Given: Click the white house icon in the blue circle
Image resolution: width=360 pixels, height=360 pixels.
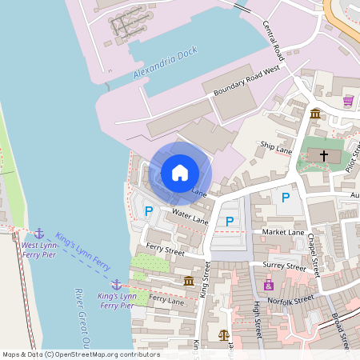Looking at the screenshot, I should (180, 172).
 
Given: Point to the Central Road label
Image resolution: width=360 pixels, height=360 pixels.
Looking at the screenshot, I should (273, 40).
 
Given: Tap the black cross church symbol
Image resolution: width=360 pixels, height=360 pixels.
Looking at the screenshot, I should (324, 155).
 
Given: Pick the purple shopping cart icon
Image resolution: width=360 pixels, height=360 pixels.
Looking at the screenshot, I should (348, 101).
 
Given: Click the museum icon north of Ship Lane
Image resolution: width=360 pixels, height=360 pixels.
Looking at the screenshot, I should (316, 113).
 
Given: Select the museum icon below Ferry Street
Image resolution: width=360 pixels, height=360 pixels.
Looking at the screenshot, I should (188, 281).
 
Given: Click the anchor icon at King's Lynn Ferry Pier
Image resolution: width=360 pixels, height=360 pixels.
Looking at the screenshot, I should (116, 284).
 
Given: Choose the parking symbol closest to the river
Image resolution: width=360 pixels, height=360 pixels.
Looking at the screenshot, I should (148, 211).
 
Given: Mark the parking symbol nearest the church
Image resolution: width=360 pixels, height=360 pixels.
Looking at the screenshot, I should (285, 197).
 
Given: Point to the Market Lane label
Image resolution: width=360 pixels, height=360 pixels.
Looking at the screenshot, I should (283, 232).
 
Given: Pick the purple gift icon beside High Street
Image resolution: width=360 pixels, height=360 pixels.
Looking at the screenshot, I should (268, 285).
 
